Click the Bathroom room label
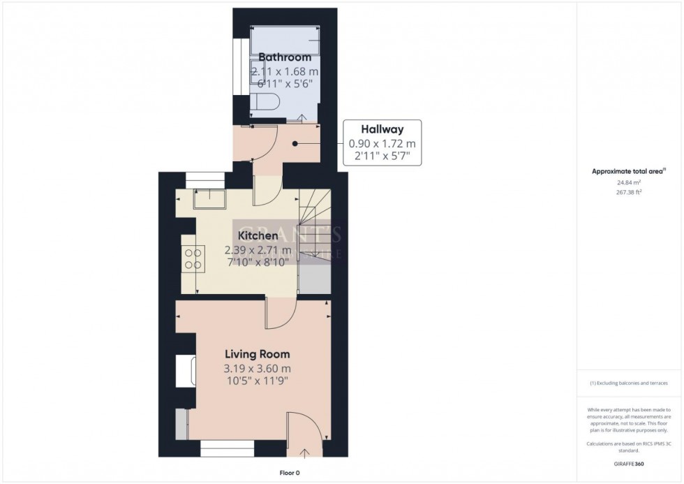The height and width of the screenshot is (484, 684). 283,57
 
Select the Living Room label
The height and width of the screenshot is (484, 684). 256,354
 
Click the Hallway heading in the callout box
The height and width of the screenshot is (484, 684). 382,129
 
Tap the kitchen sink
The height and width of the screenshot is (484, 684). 209,200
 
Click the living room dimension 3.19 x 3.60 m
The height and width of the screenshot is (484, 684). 257,369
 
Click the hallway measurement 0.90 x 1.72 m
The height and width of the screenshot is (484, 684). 382,145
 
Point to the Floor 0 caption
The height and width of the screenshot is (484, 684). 288,473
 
